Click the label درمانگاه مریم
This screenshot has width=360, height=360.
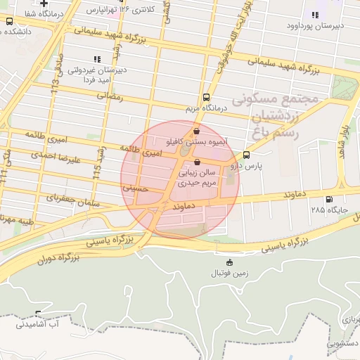tap(206, 109)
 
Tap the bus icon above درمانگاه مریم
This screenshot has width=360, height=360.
tap(206, 98)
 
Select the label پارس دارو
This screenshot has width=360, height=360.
tap(246, 166)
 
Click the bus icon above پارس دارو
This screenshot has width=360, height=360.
tap(246, 155)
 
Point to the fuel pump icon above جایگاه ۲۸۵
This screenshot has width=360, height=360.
tap(331, 198)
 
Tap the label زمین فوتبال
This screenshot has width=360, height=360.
tap(229, 274)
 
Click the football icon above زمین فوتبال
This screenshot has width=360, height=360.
tap(229, 263)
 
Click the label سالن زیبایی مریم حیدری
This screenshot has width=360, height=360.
tap(199, 177)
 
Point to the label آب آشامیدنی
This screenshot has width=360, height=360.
tap(38, 324)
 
